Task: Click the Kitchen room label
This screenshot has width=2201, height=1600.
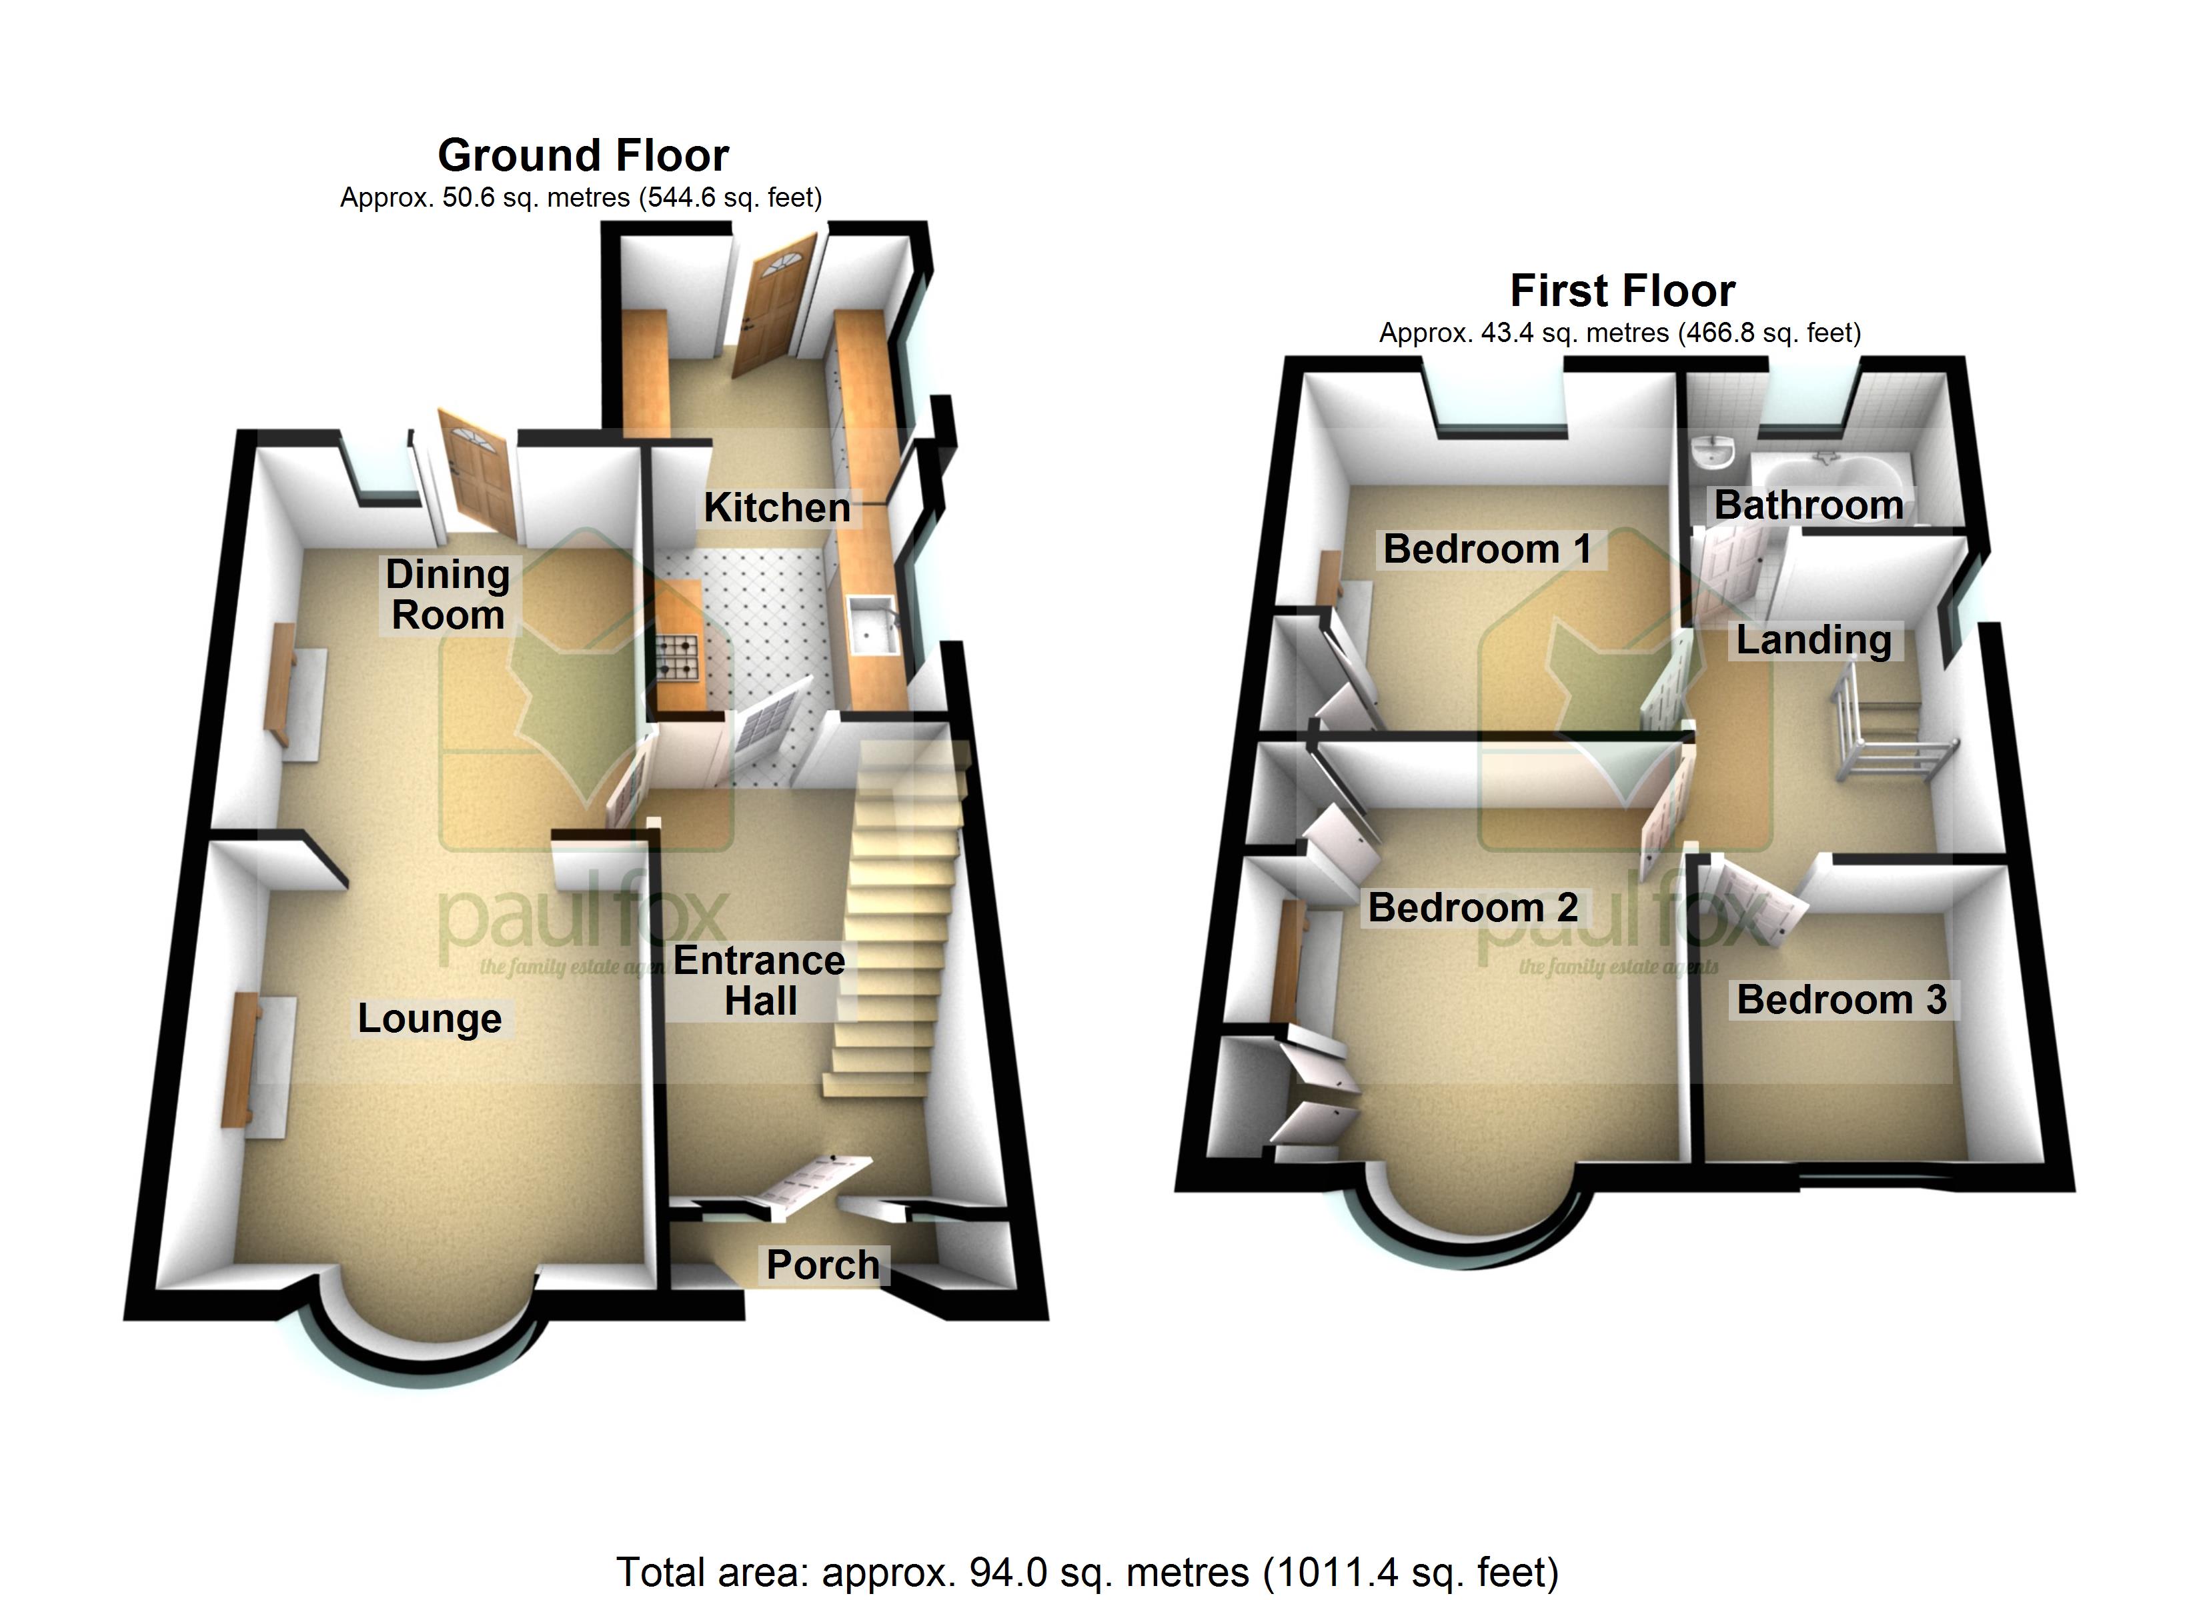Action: [776, 507]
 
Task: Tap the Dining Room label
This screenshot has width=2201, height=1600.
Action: [448, 594]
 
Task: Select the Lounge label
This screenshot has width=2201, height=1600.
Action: [430, 1019]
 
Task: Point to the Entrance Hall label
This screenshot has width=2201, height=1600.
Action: [760, 980]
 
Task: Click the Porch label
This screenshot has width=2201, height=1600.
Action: [823, 1265]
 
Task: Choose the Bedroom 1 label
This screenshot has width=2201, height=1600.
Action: [1488, 549]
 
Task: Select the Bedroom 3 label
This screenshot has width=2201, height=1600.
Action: [1842, 999]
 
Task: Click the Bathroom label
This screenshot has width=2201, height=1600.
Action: [1809, 505]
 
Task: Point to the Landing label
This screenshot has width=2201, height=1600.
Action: [1813, 641]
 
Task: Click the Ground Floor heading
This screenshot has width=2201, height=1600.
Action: [583, 155]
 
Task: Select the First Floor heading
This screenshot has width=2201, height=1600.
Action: [1623, 291]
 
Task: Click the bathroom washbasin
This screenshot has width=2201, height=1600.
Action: [1712, 454]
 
